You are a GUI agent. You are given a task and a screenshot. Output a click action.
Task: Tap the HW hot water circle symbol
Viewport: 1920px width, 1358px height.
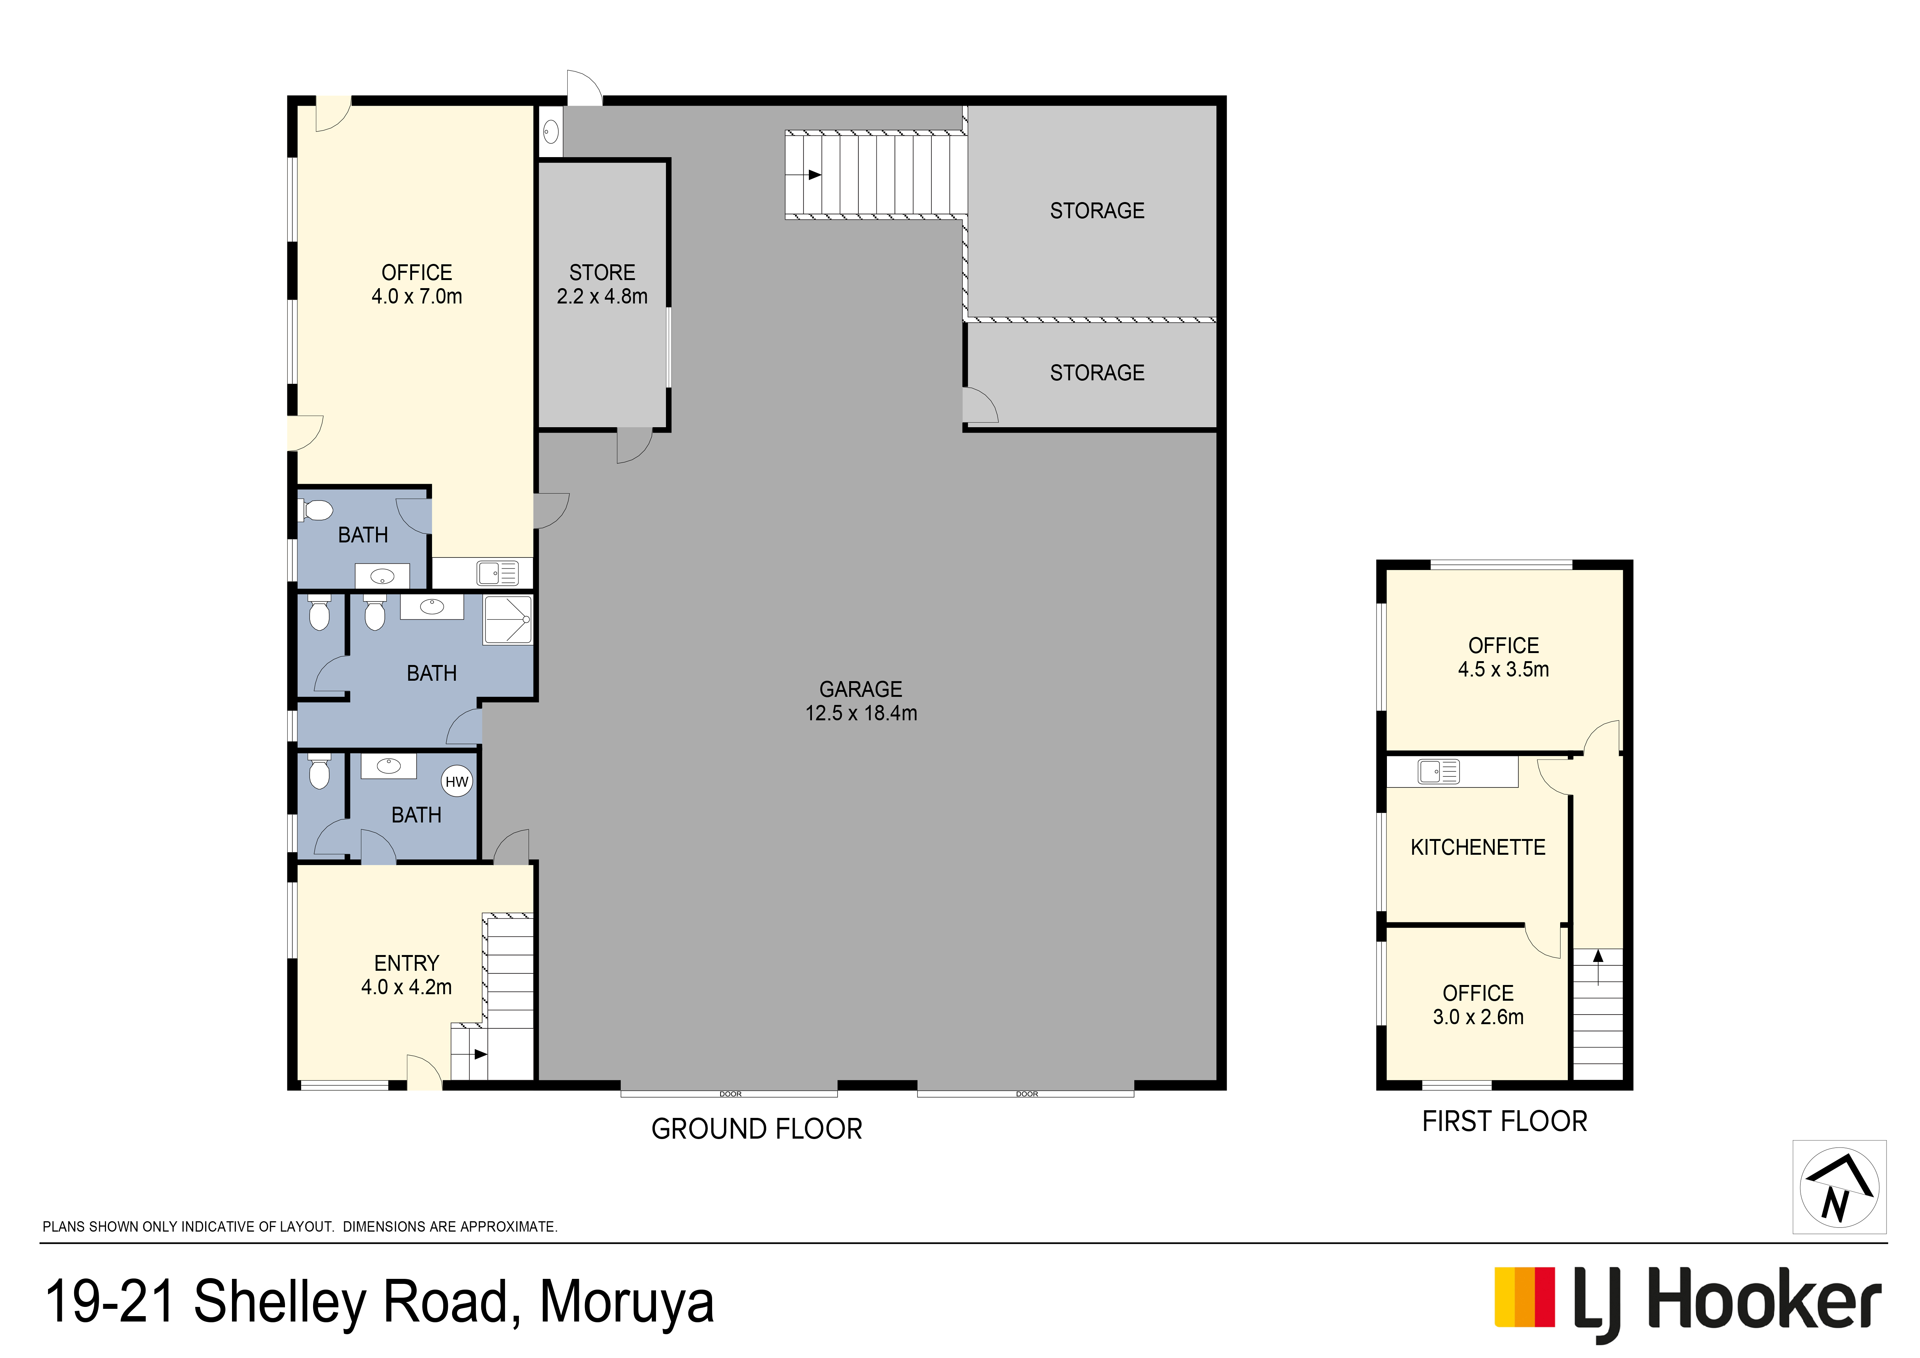pos(457,782)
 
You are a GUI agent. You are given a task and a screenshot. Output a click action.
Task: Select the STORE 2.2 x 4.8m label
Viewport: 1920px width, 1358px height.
pos(602,284)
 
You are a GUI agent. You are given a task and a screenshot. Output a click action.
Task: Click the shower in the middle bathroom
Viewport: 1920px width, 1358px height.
pos(508,620)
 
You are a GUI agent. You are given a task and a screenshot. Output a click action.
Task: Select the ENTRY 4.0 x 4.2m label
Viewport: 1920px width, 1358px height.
pos(406,975)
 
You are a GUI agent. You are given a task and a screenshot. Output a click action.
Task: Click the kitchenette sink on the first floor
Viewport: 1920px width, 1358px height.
pos(1438,771)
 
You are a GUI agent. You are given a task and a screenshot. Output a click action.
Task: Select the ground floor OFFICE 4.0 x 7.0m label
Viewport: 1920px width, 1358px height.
pos(416,284)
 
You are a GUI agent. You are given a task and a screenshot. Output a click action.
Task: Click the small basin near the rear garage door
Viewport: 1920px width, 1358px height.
pos(550,131)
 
